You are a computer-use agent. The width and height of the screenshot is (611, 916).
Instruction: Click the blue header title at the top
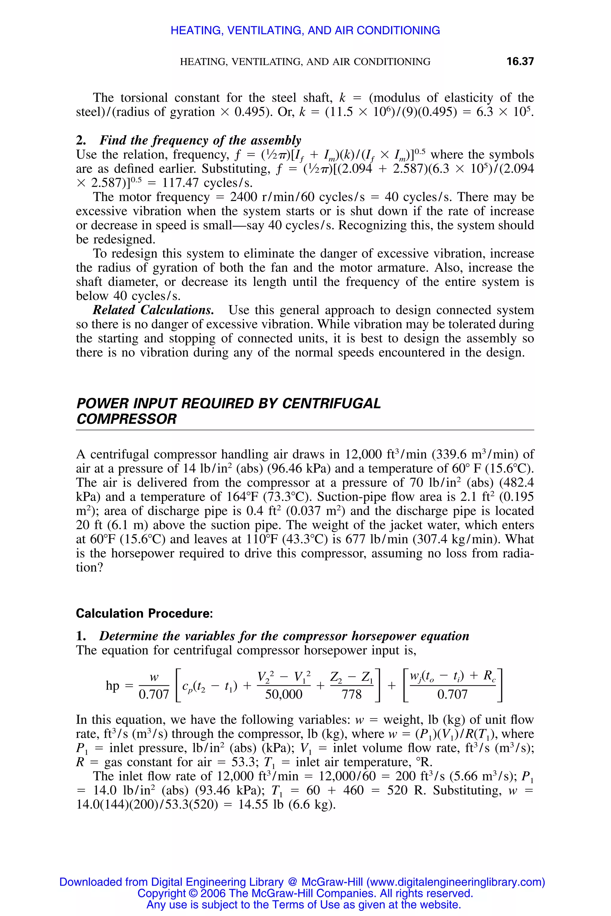click(305, 30)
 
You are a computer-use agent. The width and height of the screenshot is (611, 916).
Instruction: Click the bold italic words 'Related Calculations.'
click(153, 310)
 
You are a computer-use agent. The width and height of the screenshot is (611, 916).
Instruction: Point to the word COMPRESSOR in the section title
click(126, 419)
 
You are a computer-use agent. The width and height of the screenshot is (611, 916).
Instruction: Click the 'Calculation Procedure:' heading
click(144, 613)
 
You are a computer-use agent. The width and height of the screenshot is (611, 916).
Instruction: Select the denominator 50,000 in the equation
click(283, 694)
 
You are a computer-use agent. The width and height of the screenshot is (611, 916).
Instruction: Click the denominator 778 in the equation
click(351, 694)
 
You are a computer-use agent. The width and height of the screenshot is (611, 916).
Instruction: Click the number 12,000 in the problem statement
click(364, 454)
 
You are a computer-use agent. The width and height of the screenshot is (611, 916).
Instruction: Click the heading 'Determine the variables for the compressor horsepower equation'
click(284, 636)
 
